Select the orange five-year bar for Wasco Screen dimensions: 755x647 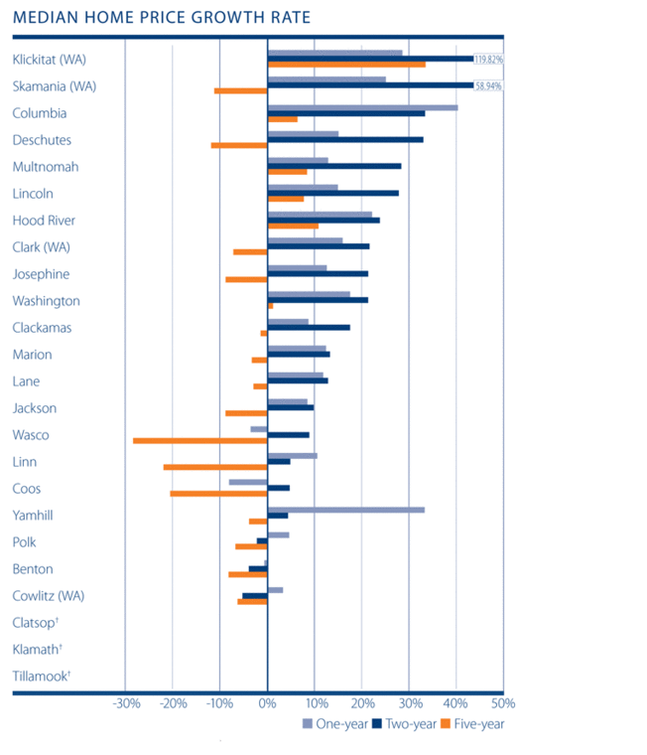coord(199,440)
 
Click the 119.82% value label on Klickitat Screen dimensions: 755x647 coord(488,60)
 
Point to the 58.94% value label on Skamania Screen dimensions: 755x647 coord(488,86)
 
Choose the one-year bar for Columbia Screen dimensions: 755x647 coord(362,107)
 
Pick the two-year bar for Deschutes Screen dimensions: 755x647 coord(345,140)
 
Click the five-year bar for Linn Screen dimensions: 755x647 coord(215,467)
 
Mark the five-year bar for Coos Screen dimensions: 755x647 coord(218,494)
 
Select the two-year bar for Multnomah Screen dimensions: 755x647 coord(334,167)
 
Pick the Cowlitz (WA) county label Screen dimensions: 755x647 coord(49,596)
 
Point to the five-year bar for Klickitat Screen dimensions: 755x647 coord(346,65)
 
